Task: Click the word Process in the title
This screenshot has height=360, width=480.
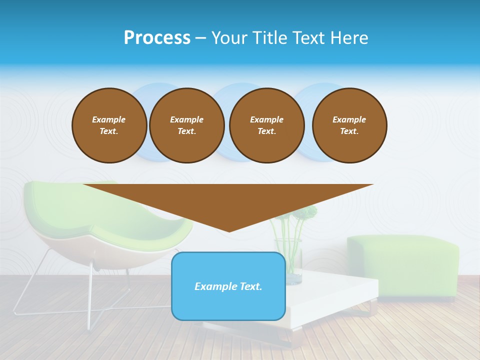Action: tap(157, 38)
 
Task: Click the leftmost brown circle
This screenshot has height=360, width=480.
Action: tap(109, 125)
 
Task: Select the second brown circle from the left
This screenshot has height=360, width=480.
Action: tap(187, 125)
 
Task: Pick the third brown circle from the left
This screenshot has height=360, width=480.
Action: tap(267, 125)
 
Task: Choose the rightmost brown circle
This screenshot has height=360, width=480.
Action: tap(349, 125)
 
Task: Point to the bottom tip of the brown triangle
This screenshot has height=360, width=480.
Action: tap(229, 230)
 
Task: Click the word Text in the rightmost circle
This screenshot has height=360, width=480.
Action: tap(349, 131)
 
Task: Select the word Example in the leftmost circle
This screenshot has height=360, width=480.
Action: tap(109, 119)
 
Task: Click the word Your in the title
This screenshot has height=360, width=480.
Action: tap(230, 38)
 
